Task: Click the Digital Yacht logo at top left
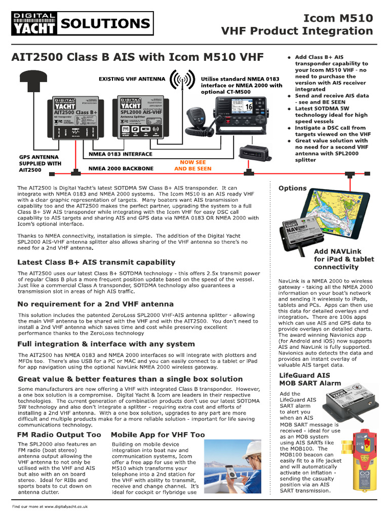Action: tap(34, 23)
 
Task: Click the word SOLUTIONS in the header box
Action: tap(105, 24)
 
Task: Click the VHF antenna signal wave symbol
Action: tap(183, 80)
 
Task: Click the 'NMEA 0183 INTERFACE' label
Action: tap(120, 154)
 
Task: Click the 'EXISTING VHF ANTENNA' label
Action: tap(132, 79)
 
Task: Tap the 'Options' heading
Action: tap(293, 188)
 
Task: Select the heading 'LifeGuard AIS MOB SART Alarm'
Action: tap(310, 379)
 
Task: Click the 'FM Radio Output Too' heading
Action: tap(59, 435)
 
